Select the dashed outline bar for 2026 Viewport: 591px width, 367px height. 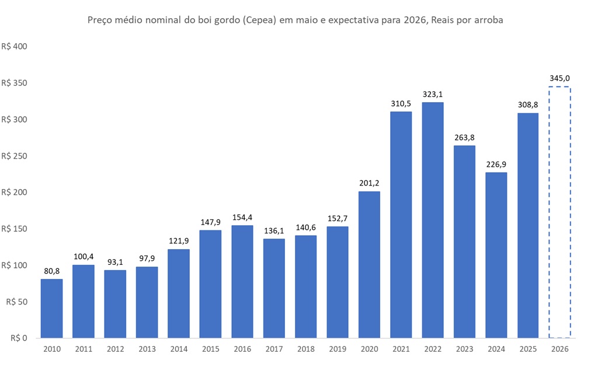(x=559, y=212)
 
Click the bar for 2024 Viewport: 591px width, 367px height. (x=496, y=255)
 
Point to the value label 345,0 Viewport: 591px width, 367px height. (x=559, y=77)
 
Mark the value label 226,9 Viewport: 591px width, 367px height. (x=496, y=163)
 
